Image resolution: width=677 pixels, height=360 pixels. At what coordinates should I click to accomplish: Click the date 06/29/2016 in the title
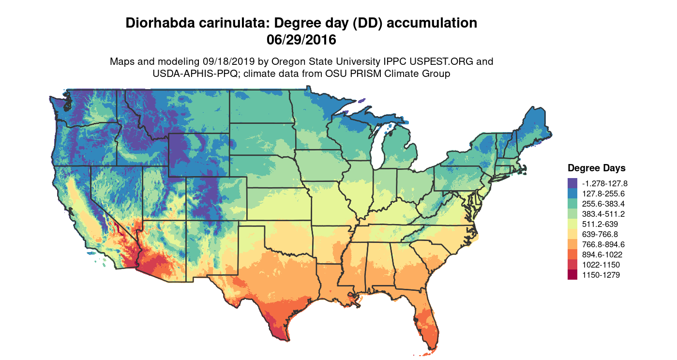click(301, 40)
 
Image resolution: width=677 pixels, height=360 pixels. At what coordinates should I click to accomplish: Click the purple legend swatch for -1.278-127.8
click(572, 183)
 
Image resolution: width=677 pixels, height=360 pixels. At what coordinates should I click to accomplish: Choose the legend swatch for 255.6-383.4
click(572, 204)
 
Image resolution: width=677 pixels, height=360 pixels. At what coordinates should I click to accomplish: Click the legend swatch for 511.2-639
click(572, 224)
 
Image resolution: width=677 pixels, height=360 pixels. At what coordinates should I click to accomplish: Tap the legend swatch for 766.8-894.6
click(572, 244)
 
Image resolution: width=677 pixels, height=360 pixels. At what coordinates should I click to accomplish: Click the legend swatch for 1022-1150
click(572, 265)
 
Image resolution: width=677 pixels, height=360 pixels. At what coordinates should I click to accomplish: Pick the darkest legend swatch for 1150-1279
click(572, 275)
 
